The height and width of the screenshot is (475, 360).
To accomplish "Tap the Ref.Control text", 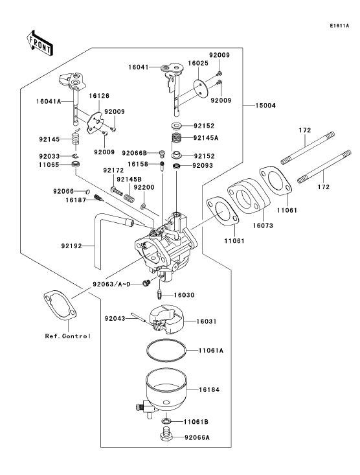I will (x=67, y=336).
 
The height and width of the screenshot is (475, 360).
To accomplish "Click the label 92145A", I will (x=205, y=137).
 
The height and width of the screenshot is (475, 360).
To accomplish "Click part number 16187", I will (x=74, y=202).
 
